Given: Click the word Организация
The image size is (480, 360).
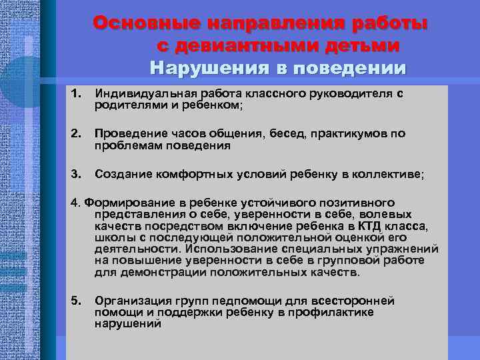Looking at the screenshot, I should pyautogui.click(x=130, y=301).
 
